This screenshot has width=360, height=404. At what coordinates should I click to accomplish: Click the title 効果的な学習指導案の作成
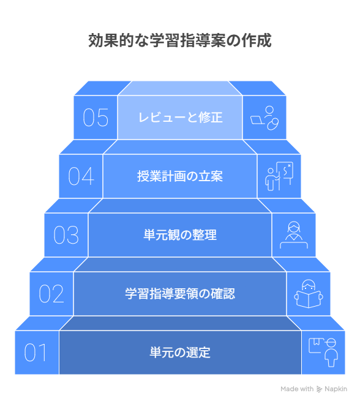tap(180, 41)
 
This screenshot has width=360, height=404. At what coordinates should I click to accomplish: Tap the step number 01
tap(36, 352)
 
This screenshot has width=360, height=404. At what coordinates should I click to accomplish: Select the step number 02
tap(51, 293)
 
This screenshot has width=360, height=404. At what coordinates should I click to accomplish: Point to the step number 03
tap(66, 234)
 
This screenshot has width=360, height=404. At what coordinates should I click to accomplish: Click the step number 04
tap(81, 176)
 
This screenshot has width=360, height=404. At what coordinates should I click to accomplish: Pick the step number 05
tap(96, 118)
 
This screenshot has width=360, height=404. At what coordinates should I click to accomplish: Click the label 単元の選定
tap(180, 352)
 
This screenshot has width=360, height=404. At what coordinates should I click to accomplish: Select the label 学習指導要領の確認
tap(180, 293)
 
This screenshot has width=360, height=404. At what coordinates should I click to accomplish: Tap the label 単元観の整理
tap(180, 234)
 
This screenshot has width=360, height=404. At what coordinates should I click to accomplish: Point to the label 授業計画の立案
tap(180, 176)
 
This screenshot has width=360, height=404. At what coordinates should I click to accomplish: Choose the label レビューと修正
tap(181, 118)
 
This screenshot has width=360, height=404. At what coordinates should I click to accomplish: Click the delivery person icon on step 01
tap(323, 352)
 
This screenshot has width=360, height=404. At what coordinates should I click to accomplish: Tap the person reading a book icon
tap(309, 294)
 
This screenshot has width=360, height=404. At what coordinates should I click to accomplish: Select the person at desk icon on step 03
tap(294, 235)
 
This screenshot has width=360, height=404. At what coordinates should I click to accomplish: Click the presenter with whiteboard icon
tap(279, 176)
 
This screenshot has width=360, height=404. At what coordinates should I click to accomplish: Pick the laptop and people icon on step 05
tap(264, 118)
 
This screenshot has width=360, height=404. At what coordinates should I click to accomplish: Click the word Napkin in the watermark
tap(336, 389)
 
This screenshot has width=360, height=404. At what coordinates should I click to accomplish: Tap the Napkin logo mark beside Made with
tap(319, 389)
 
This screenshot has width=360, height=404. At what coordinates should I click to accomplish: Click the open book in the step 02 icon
tap(309, 300)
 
